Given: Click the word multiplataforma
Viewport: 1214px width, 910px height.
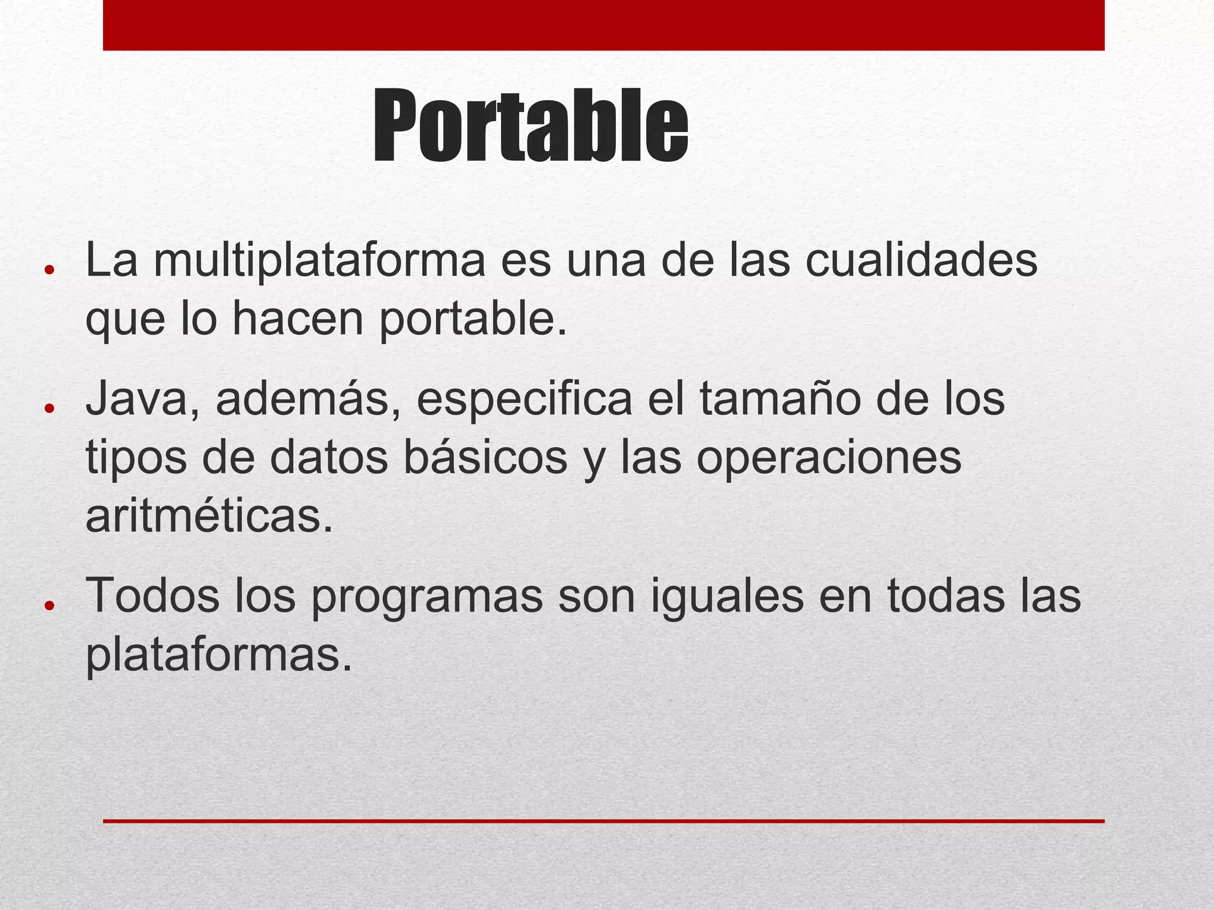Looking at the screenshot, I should click(x=319, y=260).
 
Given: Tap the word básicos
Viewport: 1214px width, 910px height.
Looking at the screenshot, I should click(x=485, y=457).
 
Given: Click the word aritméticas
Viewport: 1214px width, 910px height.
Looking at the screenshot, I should click(x=209, y=516).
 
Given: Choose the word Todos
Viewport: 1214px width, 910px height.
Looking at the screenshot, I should click(x=152, y=596).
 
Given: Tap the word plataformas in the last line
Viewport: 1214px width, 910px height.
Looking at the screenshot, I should click(x=219, y=656).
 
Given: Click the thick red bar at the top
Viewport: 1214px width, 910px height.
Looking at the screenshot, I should click(x=603, y=25).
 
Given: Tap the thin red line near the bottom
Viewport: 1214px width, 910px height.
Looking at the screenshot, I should click(x=603, y=821).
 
